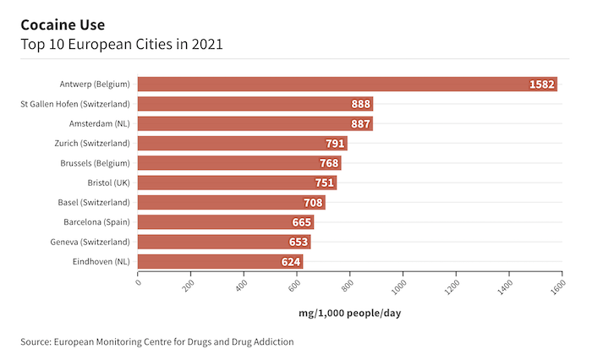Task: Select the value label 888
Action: coord(361,104)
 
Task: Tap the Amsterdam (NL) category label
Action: coord(99,123)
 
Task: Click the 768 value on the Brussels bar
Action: coord(329,163)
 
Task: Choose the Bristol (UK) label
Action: coord(108,183)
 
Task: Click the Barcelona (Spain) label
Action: coord(96,222)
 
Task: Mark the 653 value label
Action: coord(299,243)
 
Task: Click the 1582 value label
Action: coord(541,85)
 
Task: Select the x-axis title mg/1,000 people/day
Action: coord(349,314)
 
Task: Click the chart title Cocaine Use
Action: coord(63,25)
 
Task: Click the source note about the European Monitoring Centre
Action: coord(157,342)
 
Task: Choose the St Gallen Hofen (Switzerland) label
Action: coord(75,104)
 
